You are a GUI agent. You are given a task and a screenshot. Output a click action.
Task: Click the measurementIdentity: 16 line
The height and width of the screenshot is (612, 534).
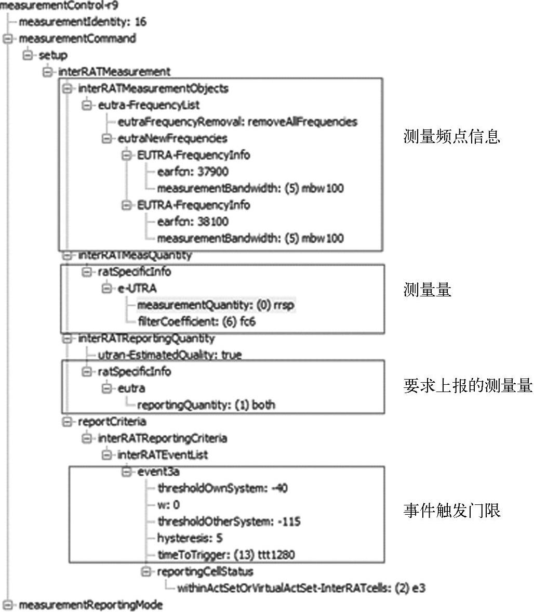pyautogui.click(x=82, y=22)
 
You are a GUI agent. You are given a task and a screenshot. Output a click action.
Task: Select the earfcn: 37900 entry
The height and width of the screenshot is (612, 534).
pyautogui.click(x=193, y=172)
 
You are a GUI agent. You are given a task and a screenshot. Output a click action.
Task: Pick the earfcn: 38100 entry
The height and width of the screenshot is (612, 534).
pyautogui.click(x=193, y=222)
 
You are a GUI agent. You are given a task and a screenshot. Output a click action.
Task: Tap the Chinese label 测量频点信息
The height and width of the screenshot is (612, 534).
pyautogui.click(x=451, y=137)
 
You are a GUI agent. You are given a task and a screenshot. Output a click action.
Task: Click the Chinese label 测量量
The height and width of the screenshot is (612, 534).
pyautogui.click(x=427, y=290)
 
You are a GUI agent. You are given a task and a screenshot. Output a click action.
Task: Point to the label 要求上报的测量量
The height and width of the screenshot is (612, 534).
pyautogui.click(x=468, y=386)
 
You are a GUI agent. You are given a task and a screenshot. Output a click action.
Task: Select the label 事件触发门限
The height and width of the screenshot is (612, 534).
pyautogui.click(x=451, y=511)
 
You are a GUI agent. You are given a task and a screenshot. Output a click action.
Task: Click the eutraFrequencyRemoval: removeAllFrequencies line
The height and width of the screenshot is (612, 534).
pyautogui.click(x=237, y=122)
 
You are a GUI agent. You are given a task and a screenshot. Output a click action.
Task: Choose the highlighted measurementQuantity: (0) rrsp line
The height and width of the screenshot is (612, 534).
pyautogui.click(x=216, y=305)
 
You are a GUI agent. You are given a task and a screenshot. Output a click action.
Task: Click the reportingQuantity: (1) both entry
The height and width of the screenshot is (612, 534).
pyautogui.click(x=206, y=405)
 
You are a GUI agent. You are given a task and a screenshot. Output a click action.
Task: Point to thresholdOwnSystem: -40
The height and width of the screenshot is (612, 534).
pyautogui.click(x=222, y=488)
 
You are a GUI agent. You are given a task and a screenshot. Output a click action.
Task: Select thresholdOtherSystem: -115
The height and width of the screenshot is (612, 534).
pyautogui.click(x=229, y=522)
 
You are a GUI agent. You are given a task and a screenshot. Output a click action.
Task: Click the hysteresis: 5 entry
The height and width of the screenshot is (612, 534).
pyautogui.click(x=190, y=538)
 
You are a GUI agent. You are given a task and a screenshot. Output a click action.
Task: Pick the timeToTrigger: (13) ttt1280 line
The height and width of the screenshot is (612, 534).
pyautogui.click(x=225, y=555)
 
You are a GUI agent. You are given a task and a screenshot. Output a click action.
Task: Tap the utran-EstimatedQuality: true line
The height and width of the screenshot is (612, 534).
pyautogui.click(x=169, y=355)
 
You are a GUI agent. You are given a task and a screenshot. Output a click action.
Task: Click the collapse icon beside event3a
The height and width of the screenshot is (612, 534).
pyautogui.click(x=126, y=472)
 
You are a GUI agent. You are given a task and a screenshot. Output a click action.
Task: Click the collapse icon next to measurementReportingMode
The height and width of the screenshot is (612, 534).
pyautogui.click(x=7, y=605)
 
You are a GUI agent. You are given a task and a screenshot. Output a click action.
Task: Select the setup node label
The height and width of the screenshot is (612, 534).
pyautogui.click(x=53, y=55)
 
